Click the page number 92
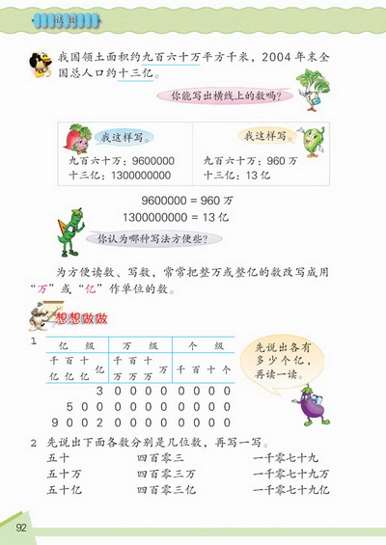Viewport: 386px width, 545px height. pos(20,526)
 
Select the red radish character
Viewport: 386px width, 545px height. pos(77,143)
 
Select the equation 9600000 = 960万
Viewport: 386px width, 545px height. pos(188,203)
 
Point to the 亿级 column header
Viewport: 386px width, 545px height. pos(69,344)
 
